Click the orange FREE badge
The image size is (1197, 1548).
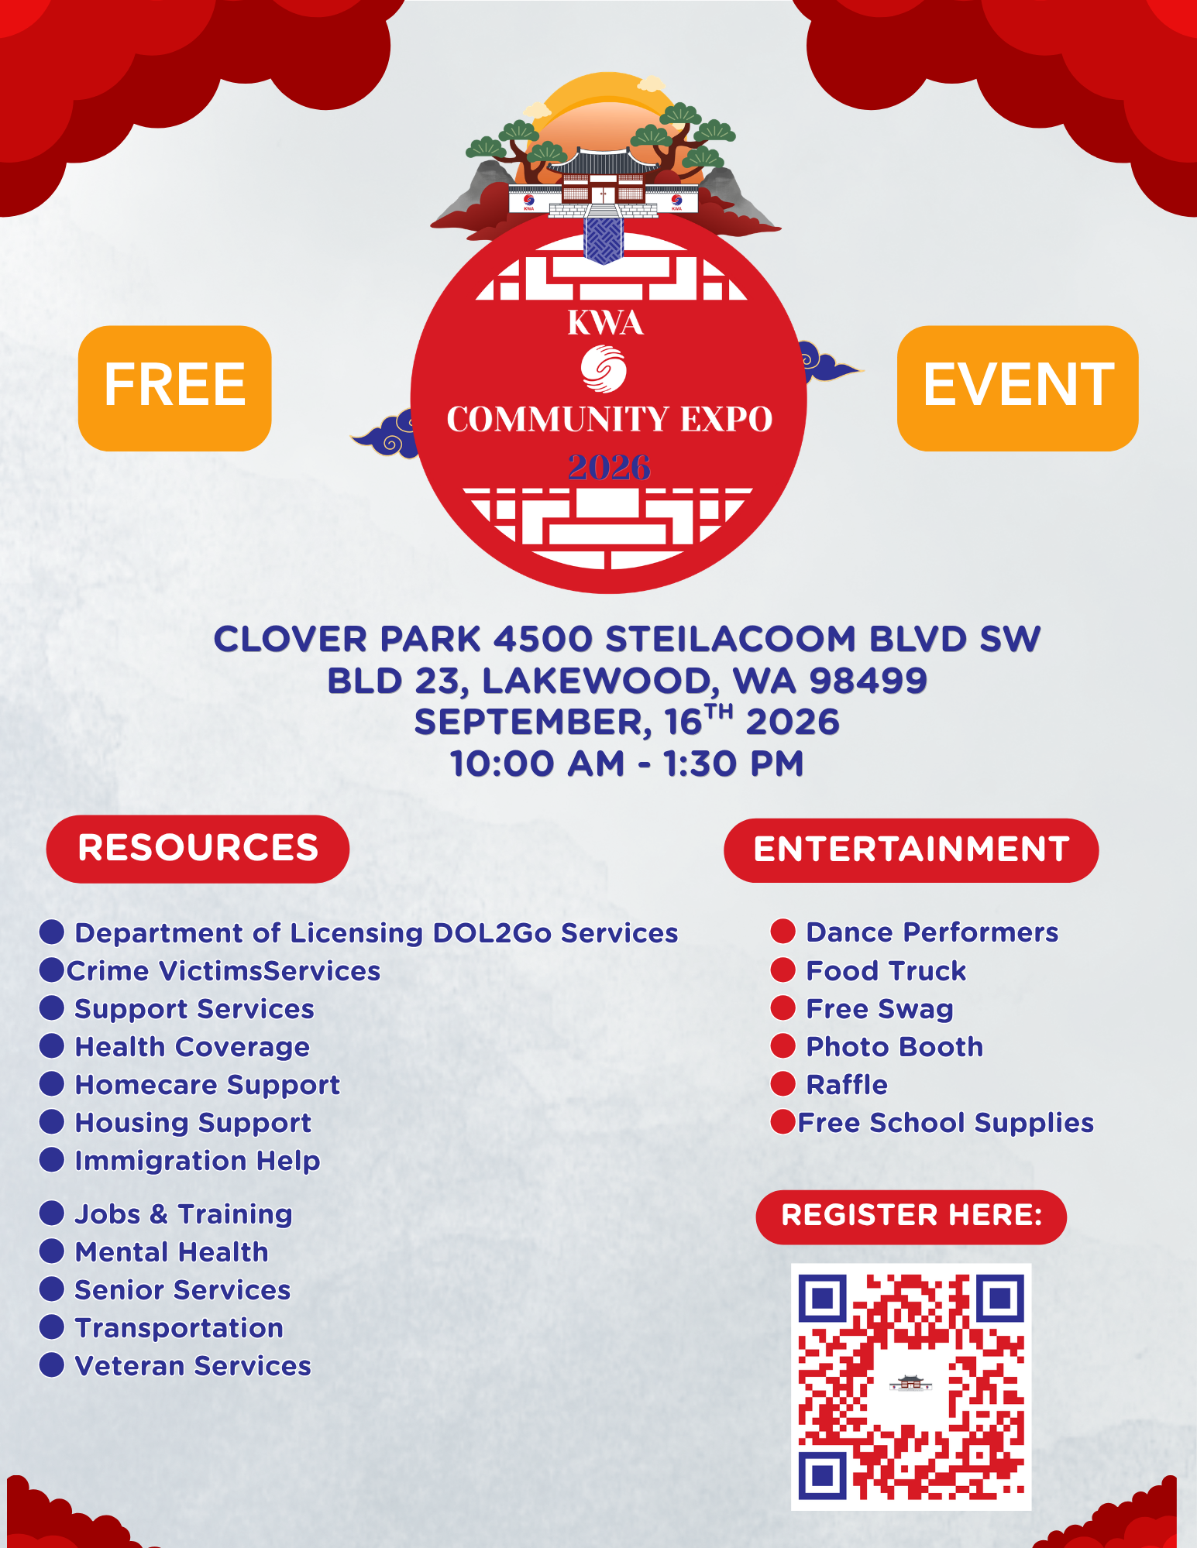pos(175,388)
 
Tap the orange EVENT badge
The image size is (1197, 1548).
pos(1017,388)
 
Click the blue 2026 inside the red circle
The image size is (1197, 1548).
pos(609,467)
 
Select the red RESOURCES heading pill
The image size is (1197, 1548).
pos(198,849)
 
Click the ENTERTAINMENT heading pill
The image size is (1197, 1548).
pos(911,850)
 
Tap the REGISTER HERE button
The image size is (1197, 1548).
pos(911,1217)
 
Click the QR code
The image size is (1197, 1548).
pos(911,1387)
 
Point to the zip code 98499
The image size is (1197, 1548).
pos(868,681)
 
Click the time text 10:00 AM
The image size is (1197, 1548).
pos(538,764)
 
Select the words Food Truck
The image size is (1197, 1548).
pos(886,971)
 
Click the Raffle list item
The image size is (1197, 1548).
pos(847,1085)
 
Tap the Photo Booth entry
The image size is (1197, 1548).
pos(895,1047)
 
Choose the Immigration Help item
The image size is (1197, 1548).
pos(198,1162)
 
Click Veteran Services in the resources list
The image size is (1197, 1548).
pos(193,1366)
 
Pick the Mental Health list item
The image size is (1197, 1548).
pos(172,1252)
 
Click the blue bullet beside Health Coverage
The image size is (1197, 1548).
pos(52,1046)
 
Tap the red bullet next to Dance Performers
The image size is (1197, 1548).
pos(783,932)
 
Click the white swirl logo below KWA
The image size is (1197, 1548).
pos(604,369)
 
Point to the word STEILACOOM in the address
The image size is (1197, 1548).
pos(731,640)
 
